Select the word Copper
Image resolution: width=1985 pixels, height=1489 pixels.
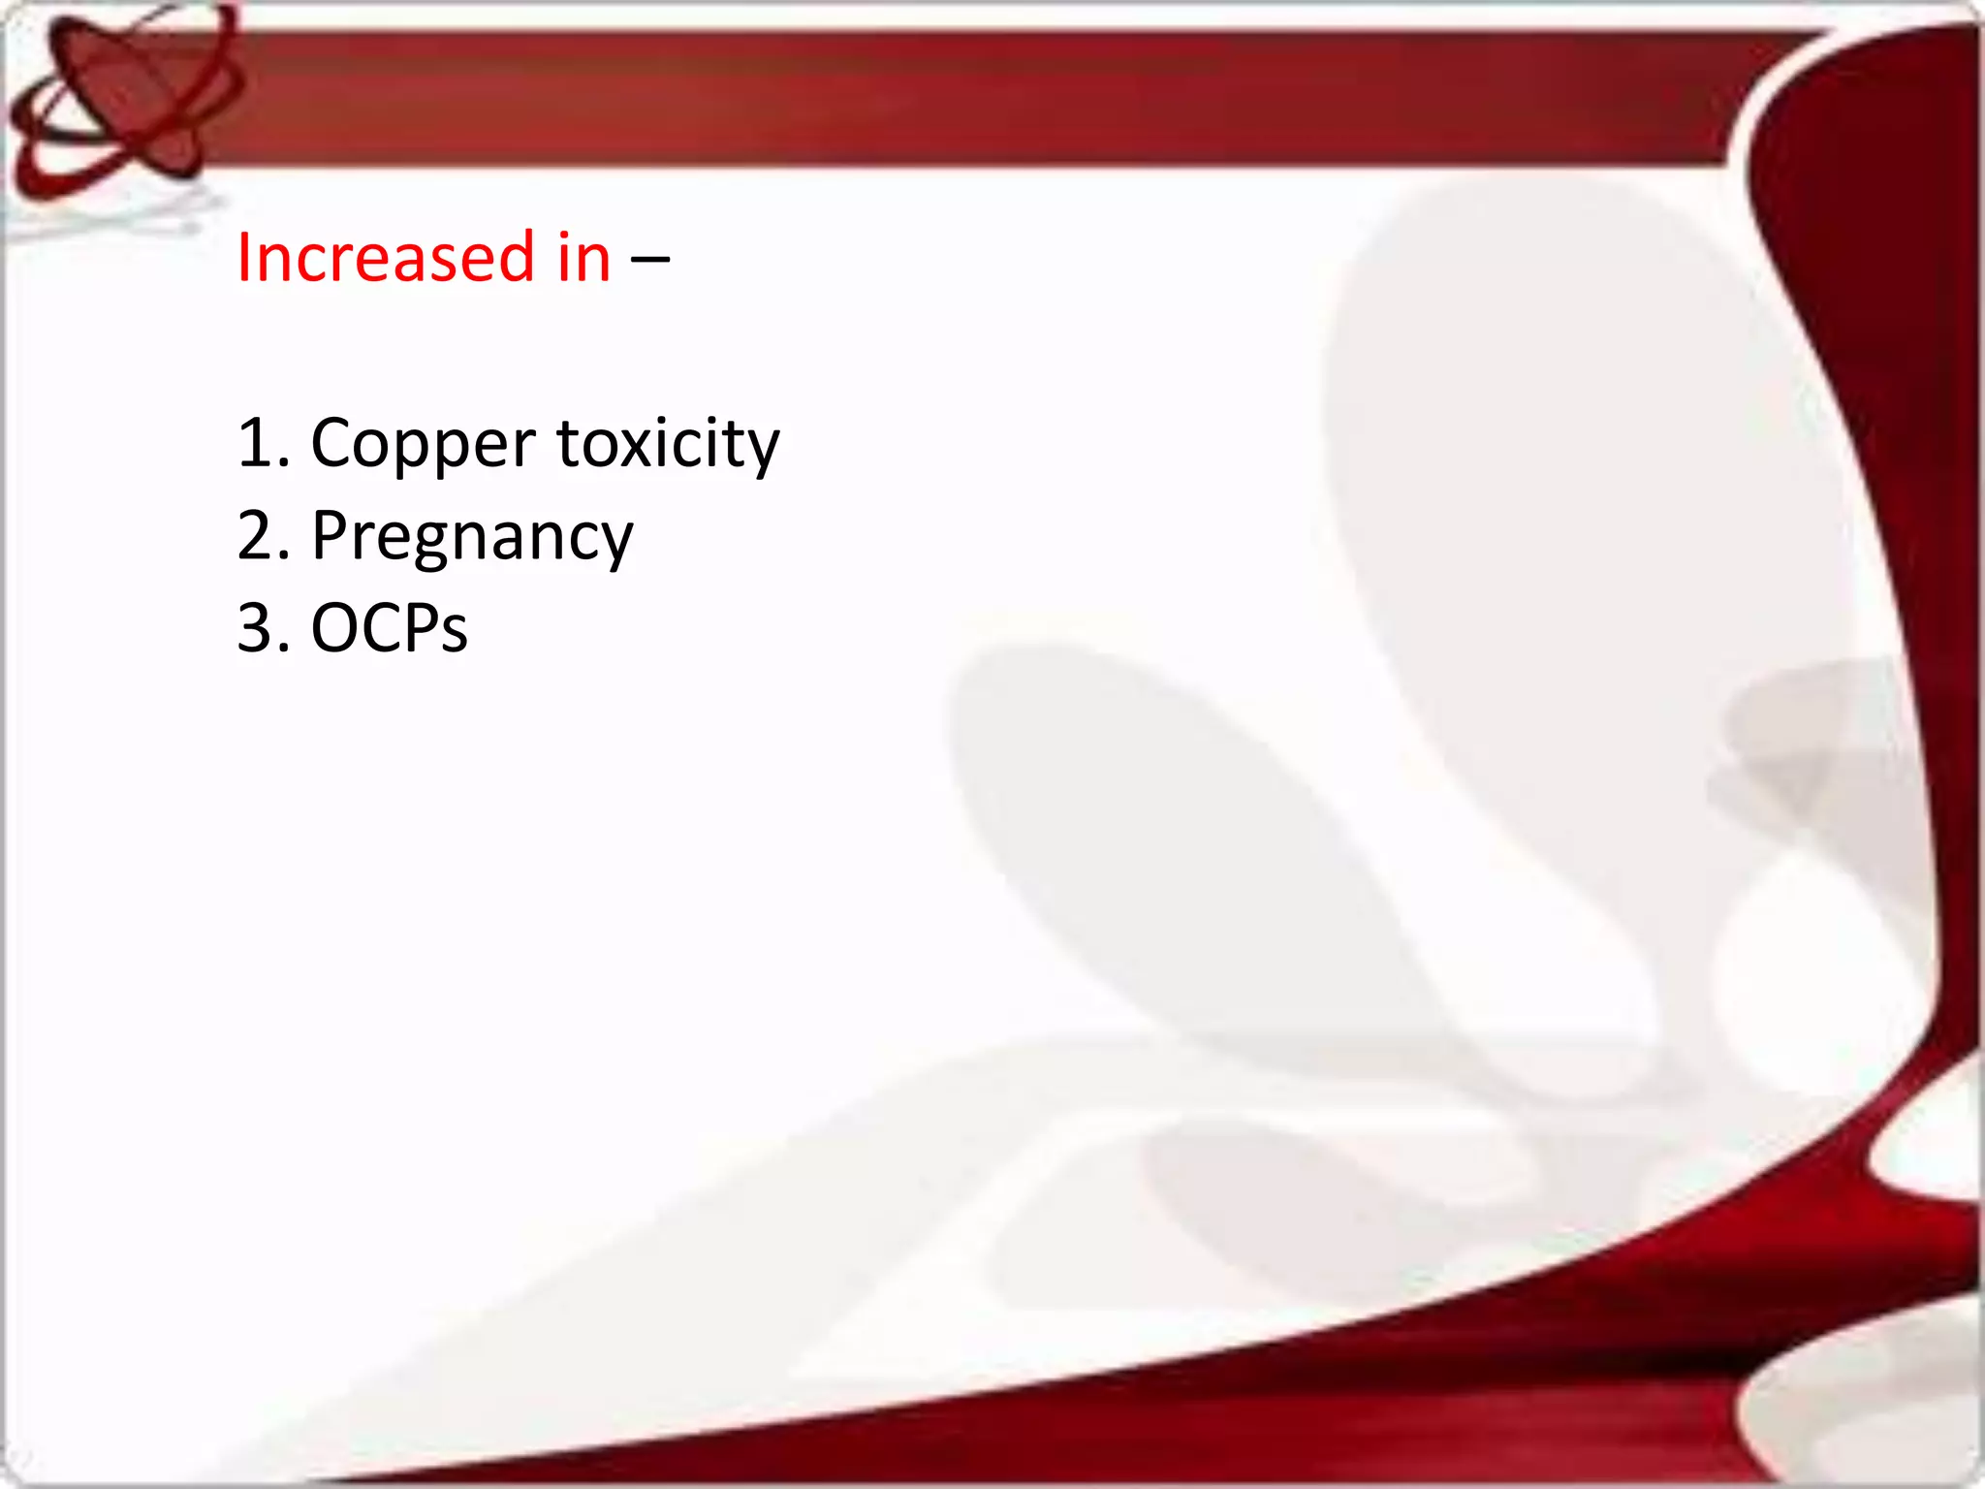click(x=423, y=444)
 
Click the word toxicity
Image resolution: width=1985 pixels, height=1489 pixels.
click(x=668, y=444)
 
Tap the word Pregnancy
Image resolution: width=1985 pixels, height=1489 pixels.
click(x=472, y=537)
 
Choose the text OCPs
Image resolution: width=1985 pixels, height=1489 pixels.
click(x=389, y=628)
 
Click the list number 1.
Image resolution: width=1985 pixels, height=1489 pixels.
click(x=254, y=444)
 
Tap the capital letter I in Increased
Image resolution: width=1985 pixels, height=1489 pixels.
click(x=244, y=258)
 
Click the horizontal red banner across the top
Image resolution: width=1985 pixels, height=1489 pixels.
click(x=969, y=97)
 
